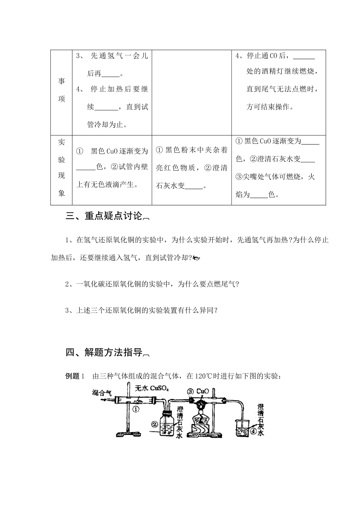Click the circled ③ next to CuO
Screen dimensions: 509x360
point(190,391)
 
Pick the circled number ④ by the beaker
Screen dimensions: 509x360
point(253,430)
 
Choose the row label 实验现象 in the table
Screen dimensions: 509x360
point(61,168)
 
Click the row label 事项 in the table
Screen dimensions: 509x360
point(61,90)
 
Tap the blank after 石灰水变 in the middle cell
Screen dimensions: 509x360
point(194,186)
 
